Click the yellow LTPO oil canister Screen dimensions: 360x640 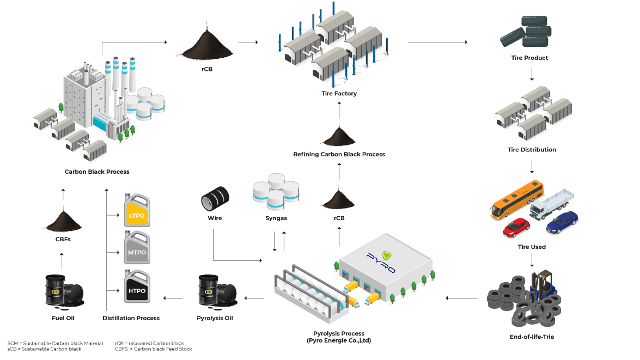[136, 211]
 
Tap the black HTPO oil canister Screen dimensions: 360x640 [136, 286]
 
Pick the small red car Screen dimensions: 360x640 [516, 227]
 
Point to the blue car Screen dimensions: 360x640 [562, 222]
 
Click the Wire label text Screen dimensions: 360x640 [215, 218]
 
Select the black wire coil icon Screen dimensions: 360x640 [215, 198]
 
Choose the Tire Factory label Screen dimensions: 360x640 [339, 94]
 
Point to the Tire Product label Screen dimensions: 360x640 [529, 58]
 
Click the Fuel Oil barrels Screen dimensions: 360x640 [63, 290]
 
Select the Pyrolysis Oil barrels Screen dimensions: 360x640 [216, 290]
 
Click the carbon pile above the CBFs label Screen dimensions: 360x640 [62, 221]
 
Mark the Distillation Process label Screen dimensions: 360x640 [131, 318]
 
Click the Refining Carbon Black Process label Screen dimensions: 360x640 [339, 155]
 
